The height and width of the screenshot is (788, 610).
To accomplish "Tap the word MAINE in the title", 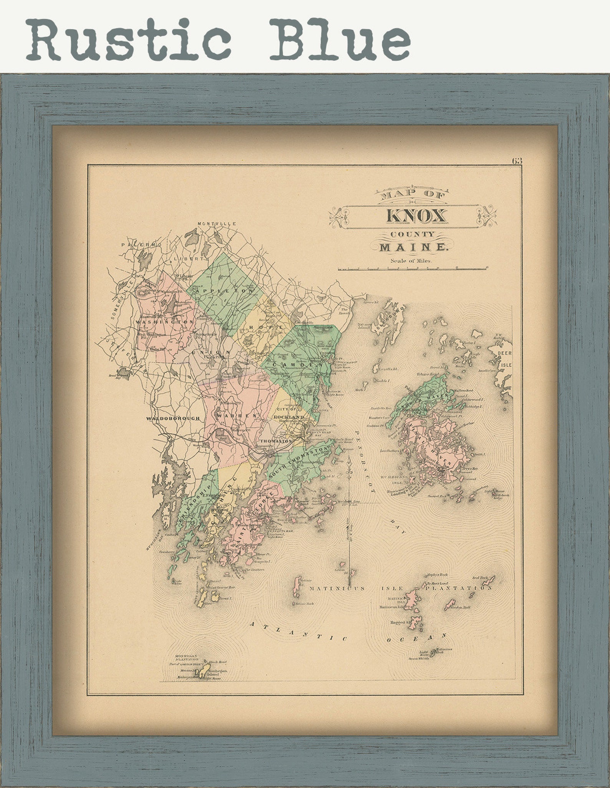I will click(413, 248).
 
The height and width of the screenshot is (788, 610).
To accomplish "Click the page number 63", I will click(517, 161).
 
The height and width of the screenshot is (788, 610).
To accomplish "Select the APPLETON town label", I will click(225, 291).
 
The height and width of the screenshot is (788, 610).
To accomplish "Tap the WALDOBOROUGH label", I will click(173, 418).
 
